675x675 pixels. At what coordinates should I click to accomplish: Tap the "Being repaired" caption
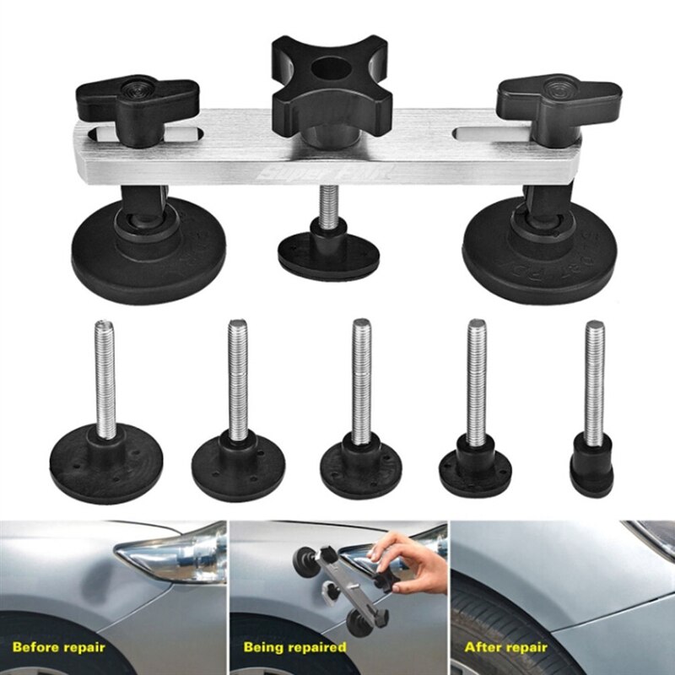click(x=295, y=647)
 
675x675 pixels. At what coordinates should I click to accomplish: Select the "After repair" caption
click(x=511, y=647)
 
